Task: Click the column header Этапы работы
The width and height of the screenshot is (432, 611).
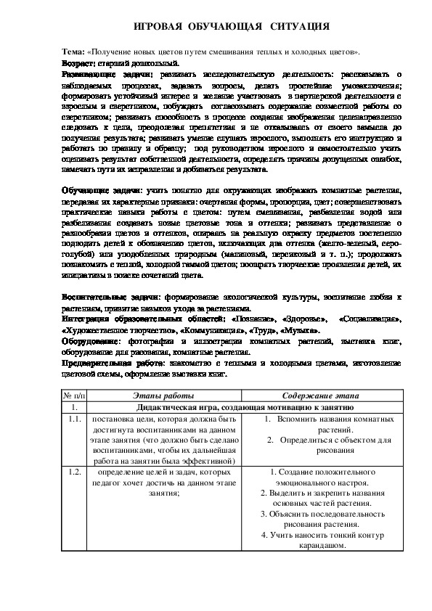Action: pyautogui.click(x=163, y=395)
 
